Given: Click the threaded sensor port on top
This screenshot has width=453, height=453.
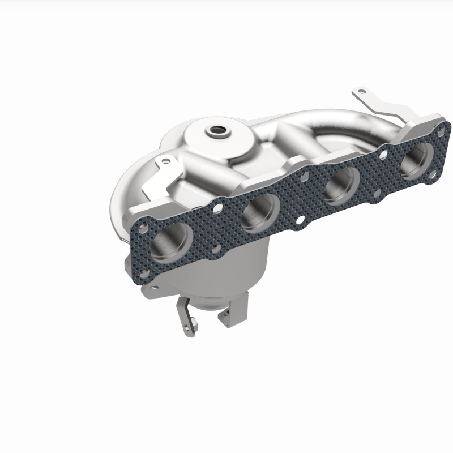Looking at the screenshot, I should point(216,131).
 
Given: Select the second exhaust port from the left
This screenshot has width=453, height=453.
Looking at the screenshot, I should point(261,214).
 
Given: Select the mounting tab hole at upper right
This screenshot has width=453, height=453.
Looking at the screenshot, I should point(357,91).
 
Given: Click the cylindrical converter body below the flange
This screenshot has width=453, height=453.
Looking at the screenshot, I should point(238,272).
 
